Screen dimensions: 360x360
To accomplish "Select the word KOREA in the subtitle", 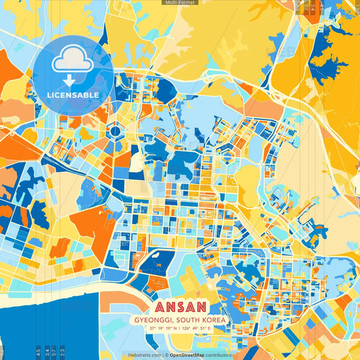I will tap(214, 319).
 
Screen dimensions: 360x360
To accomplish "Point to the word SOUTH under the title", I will tap(190, 319).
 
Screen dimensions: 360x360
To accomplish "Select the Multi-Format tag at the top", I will tap(180, 3).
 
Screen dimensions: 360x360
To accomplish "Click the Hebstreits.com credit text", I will tap(145, 355).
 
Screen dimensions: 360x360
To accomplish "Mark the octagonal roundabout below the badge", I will tap(114, 131).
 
